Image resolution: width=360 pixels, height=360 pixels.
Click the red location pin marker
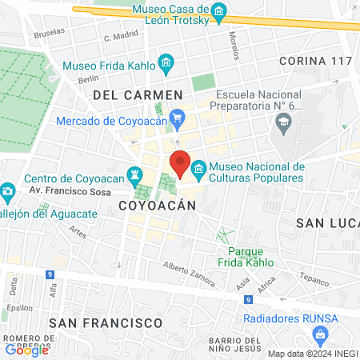click(180, 164)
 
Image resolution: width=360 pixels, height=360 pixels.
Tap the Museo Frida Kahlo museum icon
click(166, 62)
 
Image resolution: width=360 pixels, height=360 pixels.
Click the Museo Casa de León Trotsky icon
click(218, 11)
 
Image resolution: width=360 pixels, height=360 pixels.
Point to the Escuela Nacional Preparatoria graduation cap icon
click(282, 121)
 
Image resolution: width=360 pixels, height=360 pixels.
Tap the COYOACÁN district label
click(157, 206)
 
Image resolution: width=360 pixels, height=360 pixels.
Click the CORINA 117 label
click(316, 61)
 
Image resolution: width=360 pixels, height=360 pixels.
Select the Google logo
click(26, 350)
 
